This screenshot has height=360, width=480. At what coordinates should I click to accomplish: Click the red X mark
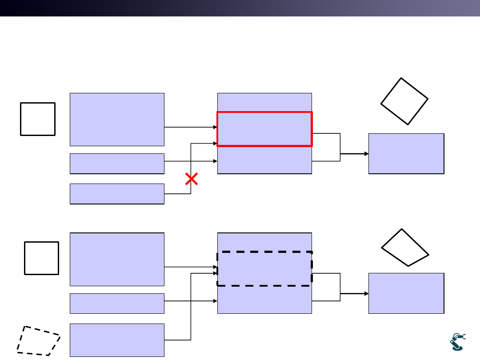[192, 180]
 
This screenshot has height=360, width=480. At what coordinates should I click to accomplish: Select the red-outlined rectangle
[264, 129]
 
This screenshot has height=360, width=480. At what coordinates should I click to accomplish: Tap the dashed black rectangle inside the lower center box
[264, 268]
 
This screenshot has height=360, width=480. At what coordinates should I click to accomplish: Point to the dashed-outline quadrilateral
[39, 341]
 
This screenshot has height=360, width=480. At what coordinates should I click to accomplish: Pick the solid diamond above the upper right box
[404, 101]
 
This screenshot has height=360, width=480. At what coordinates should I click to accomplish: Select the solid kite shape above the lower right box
[404, 248]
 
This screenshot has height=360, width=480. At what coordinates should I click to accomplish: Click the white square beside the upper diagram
[38, 119]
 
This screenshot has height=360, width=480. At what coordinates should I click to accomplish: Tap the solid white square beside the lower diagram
[41, 258]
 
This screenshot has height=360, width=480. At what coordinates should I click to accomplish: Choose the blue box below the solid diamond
[406, 153]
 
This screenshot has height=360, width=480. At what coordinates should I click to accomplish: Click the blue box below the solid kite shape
[406, 293]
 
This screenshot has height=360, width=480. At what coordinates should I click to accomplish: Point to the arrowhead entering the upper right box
[366, 154]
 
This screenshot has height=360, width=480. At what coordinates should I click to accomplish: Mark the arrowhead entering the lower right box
[366, 294]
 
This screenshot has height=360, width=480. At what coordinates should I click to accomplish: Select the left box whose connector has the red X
[117, 194]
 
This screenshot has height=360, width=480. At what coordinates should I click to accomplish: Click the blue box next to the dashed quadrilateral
[117, 340]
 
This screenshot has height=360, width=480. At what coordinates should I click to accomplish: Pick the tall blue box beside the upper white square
[117, 119]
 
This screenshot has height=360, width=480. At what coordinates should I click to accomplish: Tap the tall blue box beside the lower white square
[117, 259]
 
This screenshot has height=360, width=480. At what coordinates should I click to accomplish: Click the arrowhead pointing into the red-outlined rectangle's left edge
[215, 127]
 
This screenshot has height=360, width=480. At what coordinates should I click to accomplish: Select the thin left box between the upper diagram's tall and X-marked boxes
[117, 164]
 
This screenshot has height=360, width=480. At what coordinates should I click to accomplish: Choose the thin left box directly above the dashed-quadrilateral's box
[117, 303]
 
